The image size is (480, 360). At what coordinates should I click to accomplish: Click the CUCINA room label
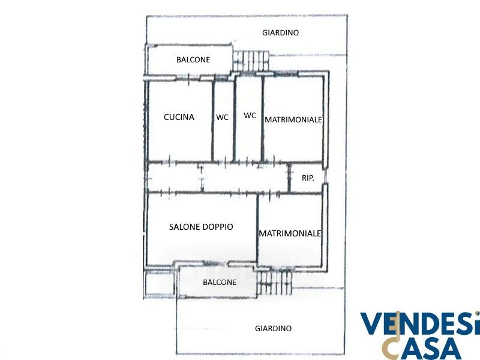pyautogui.click(x=179, y=117)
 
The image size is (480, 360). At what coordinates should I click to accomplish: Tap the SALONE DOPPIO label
pyautogui.click(x=201, y=227)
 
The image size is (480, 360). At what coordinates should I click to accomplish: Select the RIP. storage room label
pyautogui.click(x=308, y=178)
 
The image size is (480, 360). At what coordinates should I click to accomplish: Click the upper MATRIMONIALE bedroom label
pyautogui.click(x=293, y=119)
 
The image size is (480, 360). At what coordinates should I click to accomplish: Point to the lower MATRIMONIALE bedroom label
pyautogui.click(x=290, y=233)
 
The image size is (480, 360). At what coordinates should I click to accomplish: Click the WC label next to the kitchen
pyautogui.click(x=222, y=117)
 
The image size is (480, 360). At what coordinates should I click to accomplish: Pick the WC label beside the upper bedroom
pyautogui.click(x=250, y=115)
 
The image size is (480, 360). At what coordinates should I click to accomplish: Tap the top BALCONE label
pyautogui.click(x=193, y=59)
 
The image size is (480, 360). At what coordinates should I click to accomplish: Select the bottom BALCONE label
pyautogui.click(x=220, y=282)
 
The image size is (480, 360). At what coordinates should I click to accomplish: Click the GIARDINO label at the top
pyautogui.click(x=280, y=32)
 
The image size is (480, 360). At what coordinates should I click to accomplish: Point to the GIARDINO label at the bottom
pyautogui.click(x=274, y=328)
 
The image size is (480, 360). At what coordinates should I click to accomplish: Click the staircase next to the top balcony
pyautogui.click(x=251, y=61)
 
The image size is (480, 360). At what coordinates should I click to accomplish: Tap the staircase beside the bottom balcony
pyautogui.click(x=274, y=283)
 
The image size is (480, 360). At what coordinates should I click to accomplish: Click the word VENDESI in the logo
pyautogui.click(x=420, y=323)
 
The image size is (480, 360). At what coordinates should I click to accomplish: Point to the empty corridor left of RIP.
pyautogui.click(x=218, y=178)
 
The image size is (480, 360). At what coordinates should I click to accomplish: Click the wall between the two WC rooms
pyautogui.click(x=235, y=119)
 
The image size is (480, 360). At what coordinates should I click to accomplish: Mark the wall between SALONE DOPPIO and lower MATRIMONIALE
pyautogui.click(x=257, y=229)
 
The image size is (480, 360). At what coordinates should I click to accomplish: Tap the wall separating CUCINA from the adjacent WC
pyautogui.click(x=212, y=121)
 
